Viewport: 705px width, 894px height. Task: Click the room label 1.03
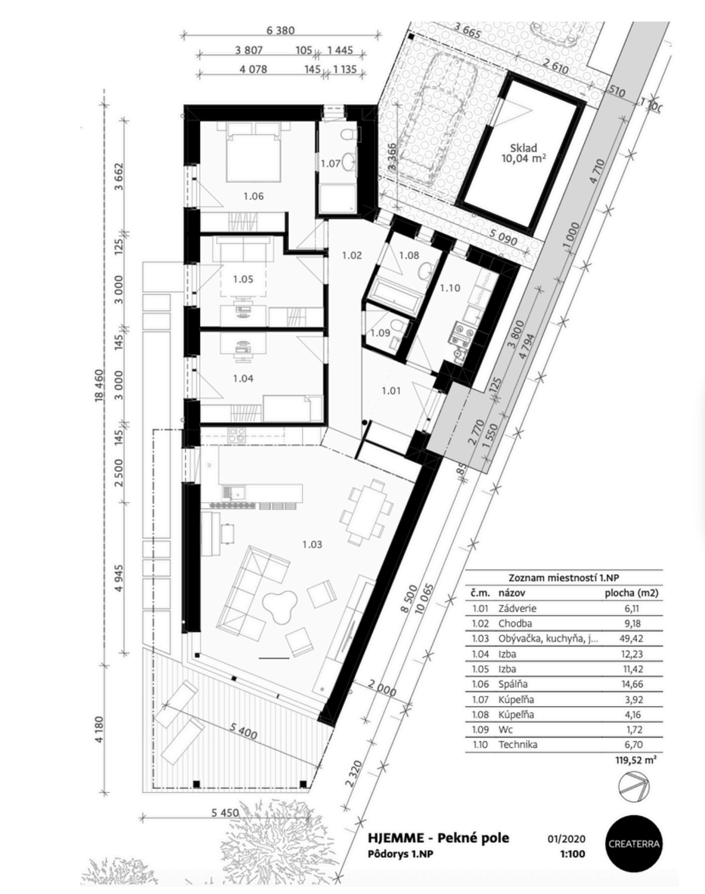312,544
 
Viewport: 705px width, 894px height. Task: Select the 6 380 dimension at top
280,31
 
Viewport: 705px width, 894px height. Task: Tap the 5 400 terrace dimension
243,731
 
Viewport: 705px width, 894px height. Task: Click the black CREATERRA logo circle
633,843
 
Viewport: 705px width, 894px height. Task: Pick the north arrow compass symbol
634,787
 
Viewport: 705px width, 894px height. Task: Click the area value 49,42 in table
632,638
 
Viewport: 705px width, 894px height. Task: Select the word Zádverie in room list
517,608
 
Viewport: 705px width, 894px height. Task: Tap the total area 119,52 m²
635,760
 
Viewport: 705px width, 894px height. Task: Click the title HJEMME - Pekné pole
438,838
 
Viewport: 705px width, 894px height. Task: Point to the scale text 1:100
572,854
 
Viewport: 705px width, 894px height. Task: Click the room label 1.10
450,288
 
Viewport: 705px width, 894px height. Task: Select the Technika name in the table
517,745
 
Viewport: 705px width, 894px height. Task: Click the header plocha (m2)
631,593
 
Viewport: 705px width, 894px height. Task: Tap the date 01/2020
566,839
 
